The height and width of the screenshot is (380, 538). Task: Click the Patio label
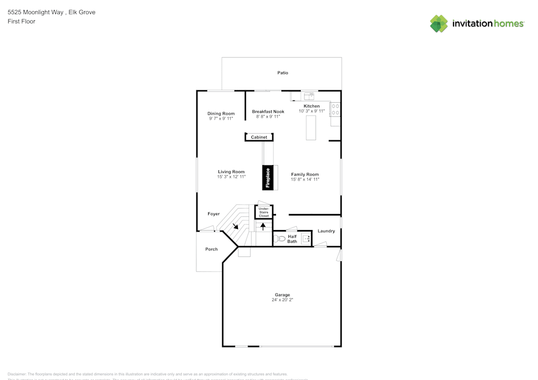pos(282,73)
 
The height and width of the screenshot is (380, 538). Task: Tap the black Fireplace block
pos(268,178)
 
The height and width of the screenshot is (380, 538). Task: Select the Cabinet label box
pos(259,138)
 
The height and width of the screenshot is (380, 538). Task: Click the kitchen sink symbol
pos(309,96)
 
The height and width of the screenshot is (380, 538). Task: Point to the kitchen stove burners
pos(335,110)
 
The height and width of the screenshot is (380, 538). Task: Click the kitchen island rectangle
pos(311,128)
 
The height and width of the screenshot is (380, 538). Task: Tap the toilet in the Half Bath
pos(279,239)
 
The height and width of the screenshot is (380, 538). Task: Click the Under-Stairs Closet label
pos(264,212)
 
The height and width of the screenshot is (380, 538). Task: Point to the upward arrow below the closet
pos(263,226)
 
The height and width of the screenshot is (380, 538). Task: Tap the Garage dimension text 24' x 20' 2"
pos(282,300)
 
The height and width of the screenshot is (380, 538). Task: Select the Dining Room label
pos(221,113)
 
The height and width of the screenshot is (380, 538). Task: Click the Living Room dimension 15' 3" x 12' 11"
pos(231,177)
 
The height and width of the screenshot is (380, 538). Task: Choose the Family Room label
pos(305,174)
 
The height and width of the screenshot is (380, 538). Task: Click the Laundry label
pos(326,231)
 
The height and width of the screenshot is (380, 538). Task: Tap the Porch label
pos(211,249)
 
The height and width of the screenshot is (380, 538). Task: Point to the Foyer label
pos(214,214)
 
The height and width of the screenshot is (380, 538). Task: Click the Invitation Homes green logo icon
pos(438,24)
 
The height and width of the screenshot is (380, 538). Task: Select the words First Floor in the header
pos(22,21)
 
